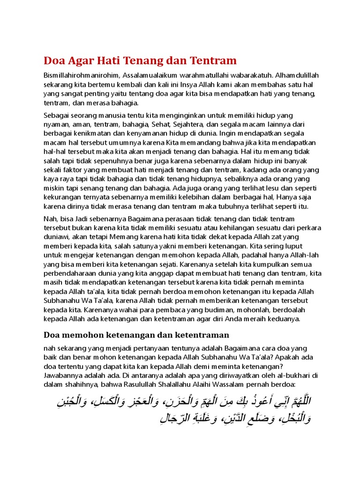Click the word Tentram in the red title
[x=214, y=61]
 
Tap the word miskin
[x=53, y=188]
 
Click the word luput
[x=292, y=246]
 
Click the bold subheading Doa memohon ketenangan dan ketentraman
[x=136, y=335]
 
